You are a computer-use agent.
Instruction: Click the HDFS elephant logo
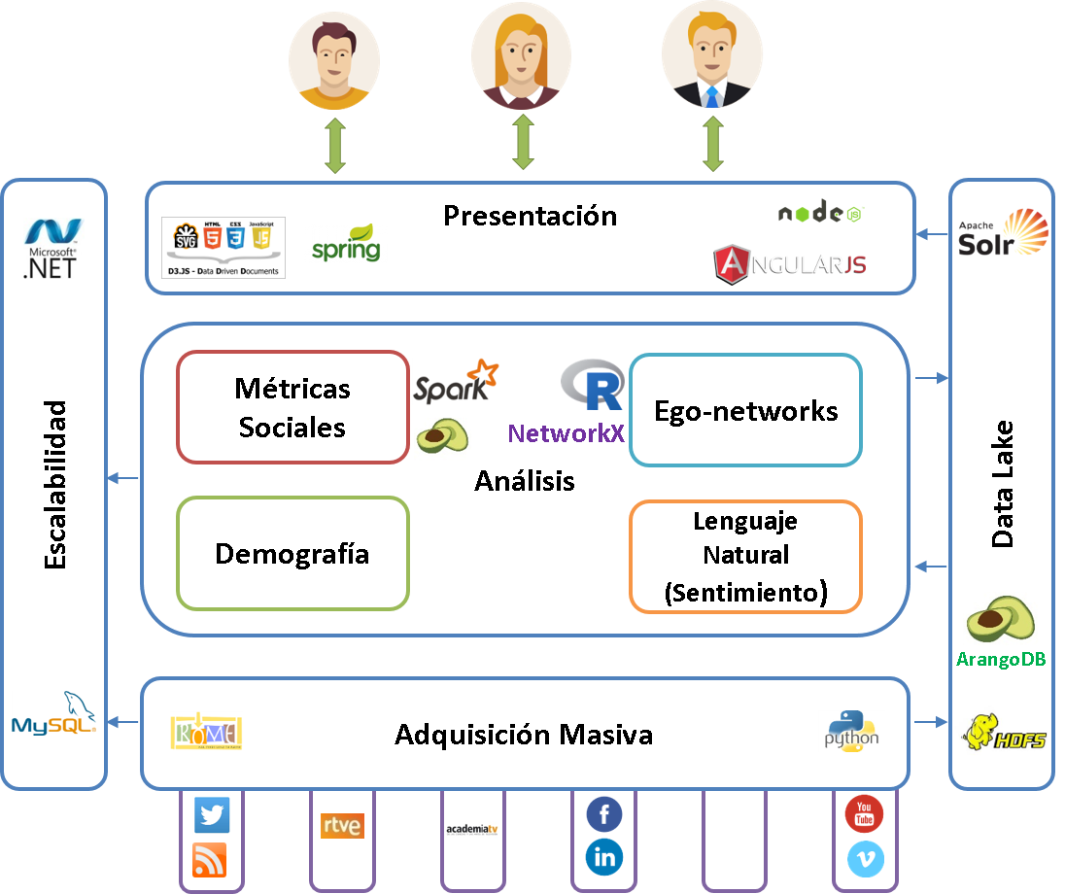(x=1004, y=733)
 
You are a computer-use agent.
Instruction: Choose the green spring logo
(x=347, y=243)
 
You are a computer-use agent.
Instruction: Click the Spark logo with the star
(x=456, y=382)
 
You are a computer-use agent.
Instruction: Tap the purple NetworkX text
(x=566, y=433)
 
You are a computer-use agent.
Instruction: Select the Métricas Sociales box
(x=292, y=407)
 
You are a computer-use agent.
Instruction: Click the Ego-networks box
(x=745, y=410)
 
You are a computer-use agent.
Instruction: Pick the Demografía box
(x=292, y=554)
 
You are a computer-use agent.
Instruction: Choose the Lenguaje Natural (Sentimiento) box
(x=745, y=557)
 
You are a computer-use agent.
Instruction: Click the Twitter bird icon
(x=212, y=815)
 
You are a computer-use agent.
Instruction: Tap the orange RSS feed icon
(x=211, y=860)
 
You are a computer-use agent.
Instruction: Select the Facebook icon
(x=604, y=814)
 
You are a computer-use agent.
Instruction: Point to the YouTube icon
(x=864, y=813)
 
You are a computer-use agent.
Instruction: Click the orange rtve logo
(x=342, y=826)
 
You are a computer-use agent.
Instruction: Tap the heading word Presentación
(x=530, y=215)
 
